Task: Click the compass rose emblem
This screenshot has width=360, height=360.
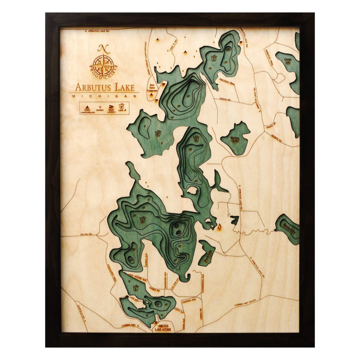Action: (x=103, y=65)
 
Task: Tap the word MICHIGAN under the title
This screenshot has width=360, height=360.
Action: (x=104, y=96)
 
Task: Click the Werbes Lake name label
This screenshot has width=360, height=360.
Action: (x=235, y=139)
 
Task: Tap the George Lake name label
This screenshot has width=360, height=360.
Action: (x=288, y=61)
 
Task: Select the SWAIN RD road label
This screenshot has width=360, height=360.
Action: (x=225, y=99)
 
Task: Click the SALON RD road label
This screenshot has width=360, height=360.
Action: (x=86, y=234)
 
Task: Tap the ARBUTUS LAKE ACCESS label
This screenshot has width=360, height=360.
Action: (x=162, y=328)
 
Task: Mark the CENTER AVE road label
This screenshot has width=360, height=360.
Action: (x=189, y=301)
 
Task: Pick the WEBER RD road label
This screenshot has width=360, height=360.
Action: (x=276, y=139)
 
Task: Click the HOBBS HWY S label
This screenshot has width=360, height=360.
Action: (x=133, y=326)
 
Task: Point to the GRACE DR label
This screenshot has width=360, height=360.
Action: (x=271, y=126)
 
